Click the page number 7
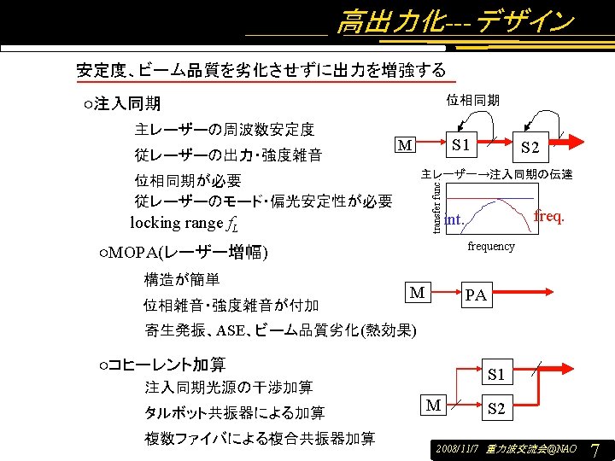(595, 449)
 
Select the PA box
(476, 295)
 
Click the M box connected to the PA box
(417, 293)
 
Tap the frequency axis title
(491, 247)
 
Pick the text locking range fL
(184, 224)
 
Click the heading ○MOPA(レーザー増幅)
(184, 254)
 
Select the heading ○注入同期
(122, 105)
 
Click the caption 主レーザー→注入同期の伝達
(496, 175)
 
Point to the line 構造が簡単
(182, 279)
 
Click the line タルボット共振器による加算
(234, 413)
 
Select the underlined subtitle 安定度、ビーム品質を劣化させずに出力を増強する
(261, 70)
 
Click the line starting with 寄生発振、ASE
(280, 330)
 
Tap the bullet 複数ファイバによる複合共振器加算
(260, 439)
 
